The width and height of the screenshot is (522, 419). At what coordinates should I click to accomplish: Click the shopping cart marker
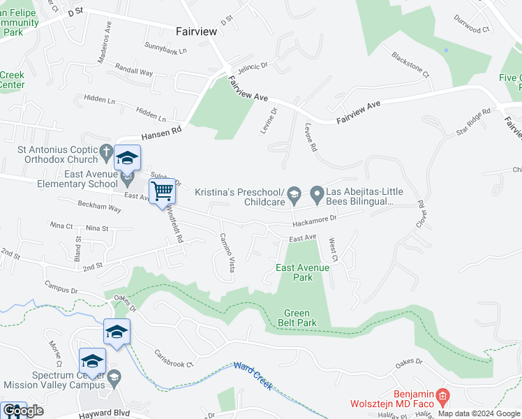coord(162,191)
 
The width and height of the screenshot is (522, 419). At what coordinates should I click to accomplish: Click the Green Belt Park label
coord(300,318)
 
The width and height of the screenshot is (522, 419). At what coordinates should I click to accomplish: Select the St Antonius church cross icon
coord(106,150)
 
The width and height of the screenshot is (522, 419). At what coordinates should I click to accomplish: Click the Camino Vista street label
coord(227,252)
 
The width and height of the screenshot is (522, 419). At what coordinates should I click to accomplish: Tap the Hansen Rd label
coord(161,133)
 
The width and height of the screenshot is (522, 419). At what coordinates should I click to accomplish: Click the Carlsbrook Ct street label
coord(173,359)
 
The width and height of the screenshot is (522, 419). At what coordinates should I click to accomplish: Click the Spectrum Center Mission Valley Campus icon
coord(115,378)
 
